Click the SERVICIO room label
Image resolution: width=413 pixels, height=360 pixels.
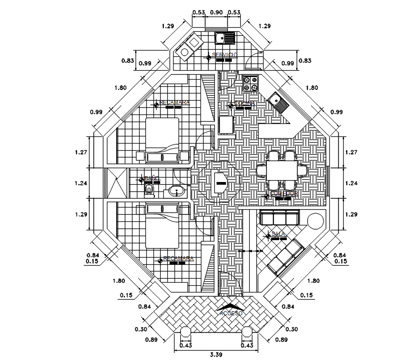tap(225, 55)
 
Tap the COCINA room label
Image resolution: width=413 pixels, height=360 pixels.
tap(245, 103)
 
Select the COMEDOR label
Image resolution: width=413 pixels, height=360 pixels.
tap(284, 193)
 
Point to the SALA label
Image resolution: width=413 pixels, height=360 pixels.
tap(278, 233)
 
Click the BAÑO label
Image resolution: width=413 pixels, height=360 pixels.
tap(152, 178)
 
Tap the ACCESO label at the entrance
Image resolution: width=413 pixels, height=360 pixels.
tap(231, 313)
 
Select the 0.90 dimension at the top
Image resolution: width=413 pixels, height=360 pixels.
tap(216, 12)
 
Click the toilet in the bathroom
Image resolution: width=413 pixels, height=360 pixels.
tap(149, 191)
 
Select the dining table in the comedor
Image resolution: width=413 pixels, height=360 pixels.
tap(281, 171)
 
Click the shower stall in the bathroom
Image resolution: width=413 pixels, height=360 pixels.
tap(117, 183)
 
